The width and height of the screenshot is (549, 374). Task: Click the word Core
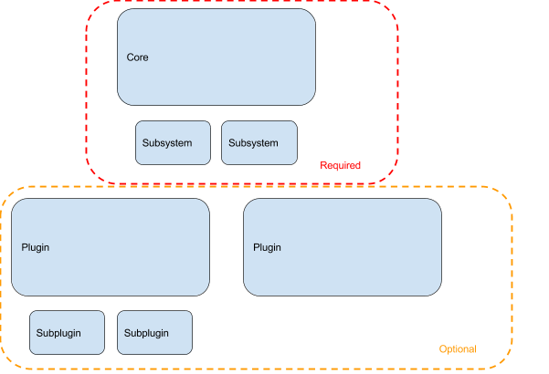coord(137,57)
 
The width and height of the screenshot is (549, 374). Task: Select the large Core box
coord(216,57)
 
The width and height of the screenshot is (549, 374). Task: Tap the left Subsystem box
coord(173,142)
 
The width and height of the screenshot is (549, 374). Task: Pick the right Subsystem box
coord(259,142)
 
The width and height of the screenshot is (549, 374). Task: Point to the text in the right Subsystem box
coord(253,143)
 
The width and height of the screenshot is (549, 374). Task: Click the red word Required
coord(341,166)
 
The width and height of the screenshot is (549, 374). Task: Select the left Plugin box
coord(111,247)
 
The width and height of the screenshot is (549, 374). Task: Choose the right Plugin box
coord(343,247)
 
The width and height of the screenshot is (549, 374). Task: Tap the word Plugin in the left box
coord(36,247)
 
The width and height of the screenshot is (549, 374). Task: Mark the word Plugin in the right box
coord(267,247)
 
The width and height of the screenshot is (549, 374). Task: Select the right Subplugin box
coord(154,332)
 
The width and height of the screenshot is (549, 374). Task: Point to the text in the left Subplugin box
coord(58,333)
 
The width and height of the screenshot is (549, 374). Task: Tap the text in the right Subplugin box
coord(146,333)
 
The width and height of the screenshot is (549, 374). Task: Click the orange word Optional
coord(457,349)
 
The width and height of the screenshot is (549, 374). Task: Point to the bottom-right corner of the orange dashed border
coord(508,364)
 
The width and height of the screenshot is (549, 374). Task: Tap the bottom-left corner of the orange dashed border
coord(5,364)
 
